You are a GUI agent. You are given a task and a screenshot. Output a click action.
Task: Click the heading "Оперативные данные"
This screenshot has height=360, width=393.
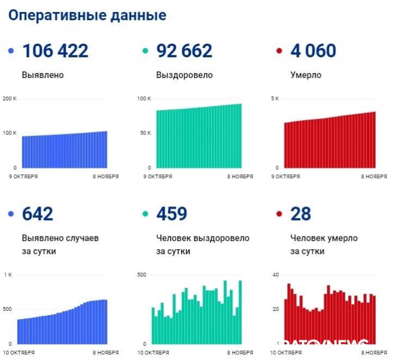pos(87,15)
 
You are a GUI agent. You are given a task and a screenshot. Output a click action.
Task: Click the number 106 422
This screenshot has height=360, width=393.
pos(55,51)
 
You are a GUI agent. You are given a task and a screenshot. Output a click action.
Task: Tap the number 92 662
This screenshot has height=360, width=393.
pos(184,51)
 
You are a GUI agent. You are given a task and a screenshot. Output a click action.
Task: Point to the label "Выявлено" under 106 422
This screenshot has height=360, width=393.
pos(43,75)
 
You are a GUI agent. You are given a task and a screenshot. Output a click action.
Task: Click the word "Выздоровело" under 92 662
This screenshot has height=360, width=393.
pos(184,75)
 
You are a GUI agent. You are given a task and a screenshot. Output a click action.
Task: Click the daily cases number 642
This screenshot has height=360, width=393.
pos(38,214)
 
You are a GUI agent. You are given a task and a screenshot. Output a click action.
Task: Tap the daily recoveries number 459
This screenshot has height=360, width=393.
pos(172,214)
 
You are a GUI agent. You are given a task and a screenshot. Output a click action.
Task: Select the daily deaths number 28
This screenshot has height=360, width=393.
pos(300,214)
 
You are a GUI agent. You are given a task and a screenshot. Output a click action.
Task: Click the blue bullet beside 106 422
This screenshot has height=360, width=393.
pos(11,51)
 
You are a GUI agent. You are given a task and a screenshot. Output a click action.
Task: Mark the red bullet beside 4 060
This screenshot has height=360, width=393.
pos(279,51)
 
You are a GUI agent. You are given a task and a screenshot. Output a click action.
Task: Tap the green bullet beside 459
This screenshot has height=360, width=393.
pos(145,214)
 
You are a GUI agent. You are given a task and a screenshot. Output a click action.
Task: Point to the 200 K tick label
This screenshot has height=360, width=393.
pos(10,99)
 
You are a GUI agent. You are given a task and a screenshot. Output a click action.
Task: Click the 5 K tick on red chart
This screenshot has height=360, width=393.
pos(276,99)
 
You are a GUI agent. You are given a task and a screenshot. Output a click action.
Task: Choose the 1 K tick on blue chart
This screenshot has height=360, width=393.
pos(8,275)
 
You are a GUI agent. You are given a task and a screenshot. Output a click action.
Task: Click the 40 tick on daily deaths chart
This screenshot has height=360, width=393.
pos(276,275)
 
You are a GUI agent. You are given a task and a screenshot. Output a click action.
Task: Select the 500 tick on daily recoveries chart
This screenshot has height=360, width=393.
pos(141,275)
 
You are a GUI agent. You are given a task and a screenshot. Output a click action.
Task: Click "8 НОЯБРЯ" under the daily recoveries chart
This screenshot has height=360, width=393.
pos(240,353)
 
